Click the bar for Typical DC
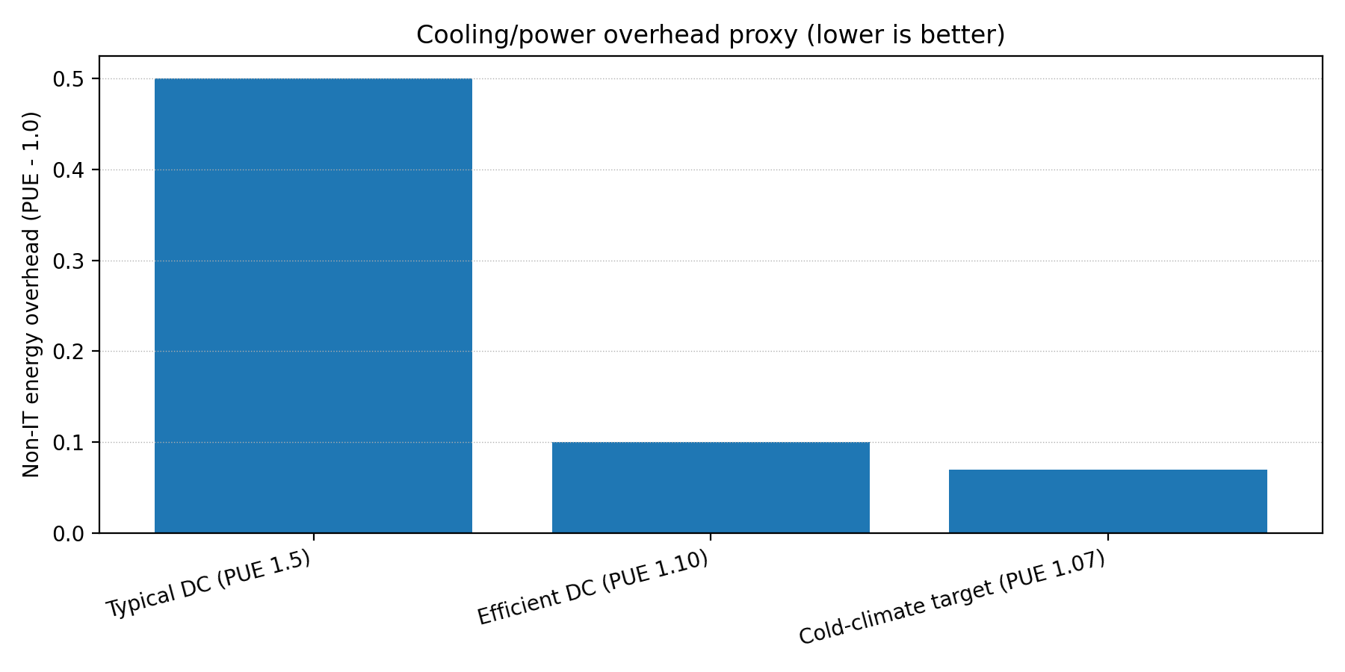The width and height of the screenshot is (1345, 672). [313, 306]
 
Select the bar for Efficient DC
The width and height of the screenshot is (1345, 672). [711, 488]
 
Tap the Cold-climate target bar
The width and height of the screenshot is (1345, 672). [1107, 501]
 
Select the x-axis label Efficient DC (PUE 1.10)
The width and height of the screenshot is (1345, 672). [593, 588]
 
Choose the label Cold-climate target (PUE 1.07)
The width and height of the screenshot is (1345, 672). [952, 598]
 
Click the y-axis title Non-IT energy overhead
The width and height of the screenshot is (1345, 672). [31, 294]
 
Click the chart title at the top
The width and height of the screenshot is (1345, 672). [711, 35]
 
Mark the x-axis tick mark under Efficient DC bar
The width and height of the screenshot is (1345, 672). [711, 537]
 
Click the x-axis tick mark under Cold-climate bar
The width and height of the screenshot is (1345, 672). [1107, 537]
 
